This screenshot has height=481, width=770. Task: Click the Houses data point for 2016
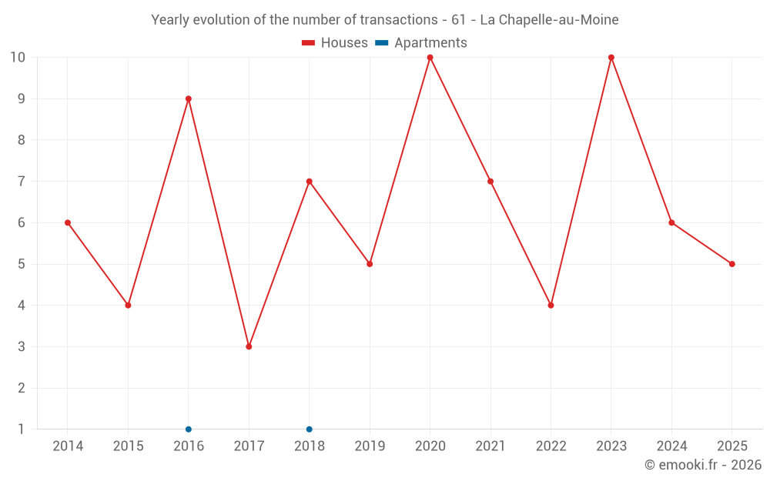click(x=189, y=99)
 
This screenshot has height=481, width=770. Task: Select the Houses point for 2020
click(x=430, y=58)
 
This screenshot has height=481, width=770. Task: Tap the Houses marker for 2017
click(x=249, y=346)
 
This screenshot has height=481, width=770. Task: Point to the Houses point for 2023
click(x=611, y=58)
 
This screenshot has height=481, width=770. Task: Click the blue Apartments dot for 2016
click(x=189, y=429)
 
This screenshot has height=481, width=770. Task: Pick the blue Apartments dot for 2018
click(x=310, y=429)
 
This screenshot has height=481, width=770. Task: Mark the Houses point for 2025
click(x=732, y=264)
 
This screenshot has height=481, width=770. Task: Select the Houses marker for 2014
click(x=68, y=223)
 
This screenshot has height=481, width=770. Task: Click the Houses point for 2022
click(x=551, y=306)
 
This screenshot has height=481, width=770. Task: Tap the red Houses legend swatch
click(x=309, y=43)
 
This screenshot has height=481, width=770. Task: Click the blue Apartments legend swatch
click(x=382, y=43)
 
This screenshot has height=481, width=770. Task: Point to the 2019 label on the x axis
click(x=370, y=446)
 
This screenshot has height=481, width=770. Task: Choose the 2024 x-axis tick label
click(x=671, y=446)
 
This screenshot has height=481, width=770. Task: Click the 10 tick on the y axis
click(x=18, y=58)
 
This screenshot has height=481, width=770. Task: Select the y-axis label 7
click(x=21, y=181)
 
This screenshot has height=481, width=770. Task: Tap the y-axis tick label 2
click(x=21, y=388)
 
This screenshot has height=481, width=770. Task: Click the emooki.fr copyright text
click(x=703, y=465)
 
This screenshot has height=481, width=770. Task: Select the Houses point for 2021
click(x=490, y=182)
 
